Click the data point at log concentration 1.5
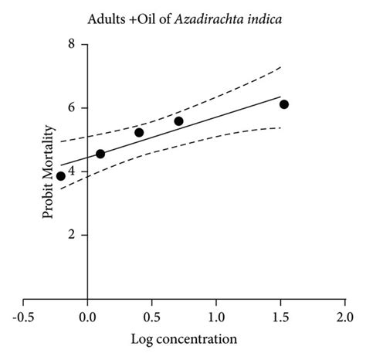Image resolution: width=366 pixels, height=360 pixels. click(284, 104)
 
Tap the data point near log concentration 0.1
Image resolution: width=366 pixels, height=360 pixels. click(100, 154)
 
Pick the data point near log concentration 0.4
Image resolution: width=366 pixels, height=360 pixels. click(139, 133)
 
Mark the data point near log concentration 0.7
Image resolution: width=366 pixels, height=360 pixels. click(178, 121)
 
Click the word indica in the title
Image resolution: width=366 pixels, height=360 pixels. click(265, 15)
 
